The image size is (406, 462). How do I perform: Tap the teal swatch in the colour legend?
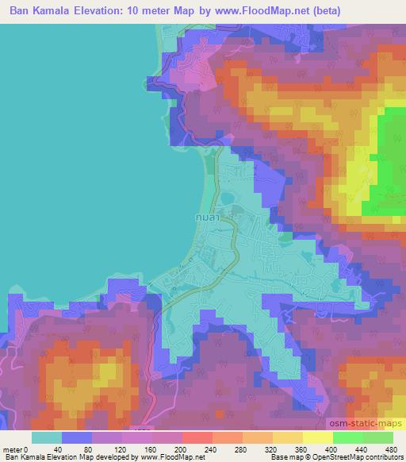[47, 437]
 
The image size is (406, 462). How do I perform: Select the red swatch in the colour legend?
[197, 437]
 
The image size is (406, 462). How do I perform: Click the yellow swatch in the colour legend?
[318, 437]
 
